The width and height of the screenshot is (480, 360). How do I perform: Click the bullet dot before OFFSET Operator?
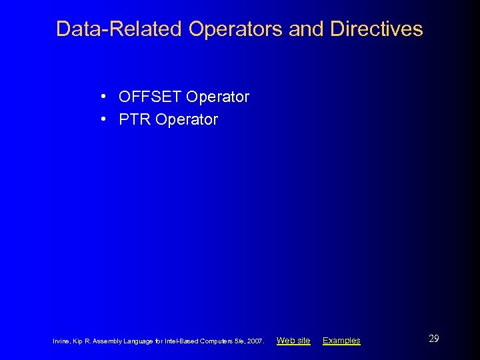(x=105, y=97)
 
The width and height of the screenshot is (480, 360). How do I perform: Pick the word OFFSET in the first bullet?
(x=150, y=97)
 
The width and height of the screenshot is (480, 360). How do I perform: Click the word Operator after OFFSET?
(x=217, y=97)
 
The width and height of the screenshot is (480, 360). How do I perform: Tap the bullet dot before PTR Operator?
(x=105, y=119)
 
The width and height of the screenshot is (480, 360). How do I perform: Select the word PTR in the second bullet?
(x=134, y=120)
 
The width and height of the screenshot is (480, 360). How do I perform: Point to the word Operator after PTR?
(x=186, y=120)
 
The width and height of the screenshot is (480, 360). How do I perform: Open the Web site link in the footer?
(x=293, y=341)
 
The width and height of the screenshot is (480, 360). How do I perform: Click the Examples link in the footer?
(x=341, y=341)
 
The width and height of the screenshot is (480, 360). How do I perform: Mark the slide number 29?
(x=433, y=339)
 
